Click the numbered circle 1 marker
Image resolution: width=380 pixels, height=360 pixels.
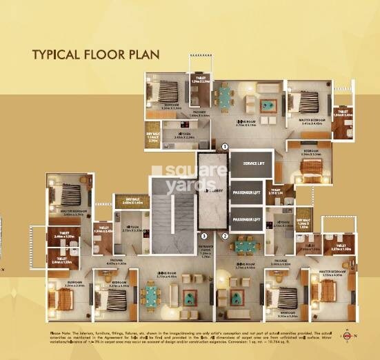(224, 147)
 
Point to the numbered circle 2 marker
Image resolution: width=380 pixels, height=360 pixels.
(225, 236)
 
